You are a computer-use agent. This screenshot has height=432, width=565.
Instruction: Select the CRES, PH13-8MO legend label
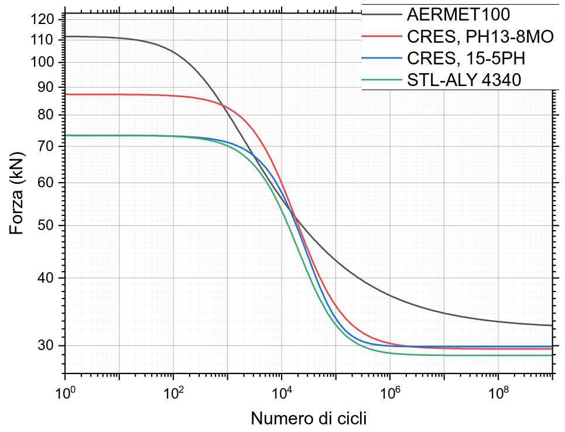[480, 36]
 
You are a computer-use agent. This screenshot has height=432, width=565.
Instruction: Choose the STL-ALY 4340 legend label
[464, 80]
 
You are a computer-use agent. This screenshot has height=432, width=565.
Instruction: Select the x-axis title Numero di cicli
[309, 418]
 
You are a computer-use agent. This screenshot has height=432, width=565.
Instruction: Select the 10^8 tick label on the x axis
[498, 392]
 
